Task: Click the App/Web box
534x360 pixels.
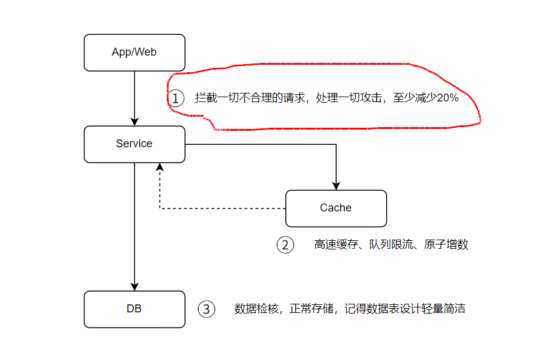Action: click(x=134, y=52)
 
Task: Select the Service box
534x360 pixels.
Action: click(x=134, y=144)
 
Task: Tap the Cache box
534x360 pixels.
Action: click(x=336, y=208)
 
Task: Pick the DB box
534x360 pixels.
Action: click(x=134, y=309)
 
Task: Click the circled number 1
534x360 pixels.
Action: click(x=176, y=98)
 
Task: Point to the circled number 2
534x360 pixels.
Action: click(x=285, y=244)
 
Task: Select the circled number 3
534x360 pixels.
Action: click(x=207, y=309)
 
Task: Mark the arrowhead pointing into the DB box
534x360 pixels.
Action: click(x=134, y=287)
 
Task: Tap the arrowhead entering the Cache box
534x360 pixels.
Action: click(x=335, y=186)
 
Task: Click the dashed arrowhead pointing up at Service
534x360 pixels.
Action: click(x=159, y=167)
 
